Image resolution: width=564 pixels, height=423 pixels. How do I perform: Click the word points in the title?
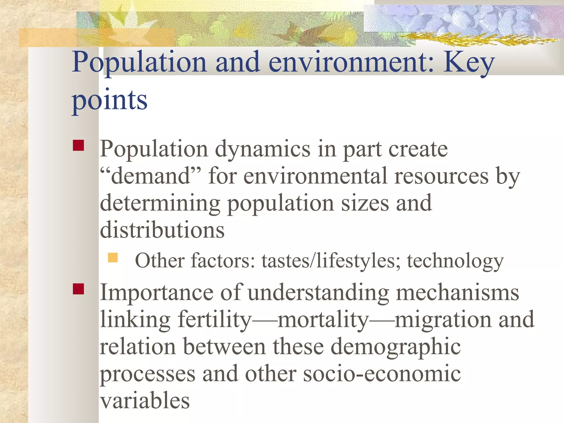(110, 100)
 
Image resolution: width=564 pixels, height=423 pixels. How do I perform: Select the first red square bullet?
(78, 145)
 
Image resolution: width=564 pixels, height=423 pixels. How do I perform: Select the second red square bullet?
(78, 289)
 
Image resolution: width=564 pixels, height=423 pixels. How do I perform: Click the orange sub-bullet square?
(113, 258)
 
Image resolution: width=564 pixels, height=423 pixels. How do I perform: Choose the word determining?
(160, 203)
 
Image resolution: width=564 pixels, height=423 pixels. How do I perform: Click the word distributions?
(162, 230)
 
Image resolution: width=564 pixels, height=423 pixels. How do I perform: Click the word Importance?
(156, 292)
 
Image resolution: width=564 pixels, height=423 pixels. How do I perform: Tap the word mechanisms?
(457, 292)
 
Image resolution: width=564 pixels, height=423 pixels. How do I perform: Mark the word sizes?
(365, 203)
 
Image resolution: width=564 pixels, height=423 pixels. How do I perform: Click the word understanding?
(318, 292)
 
